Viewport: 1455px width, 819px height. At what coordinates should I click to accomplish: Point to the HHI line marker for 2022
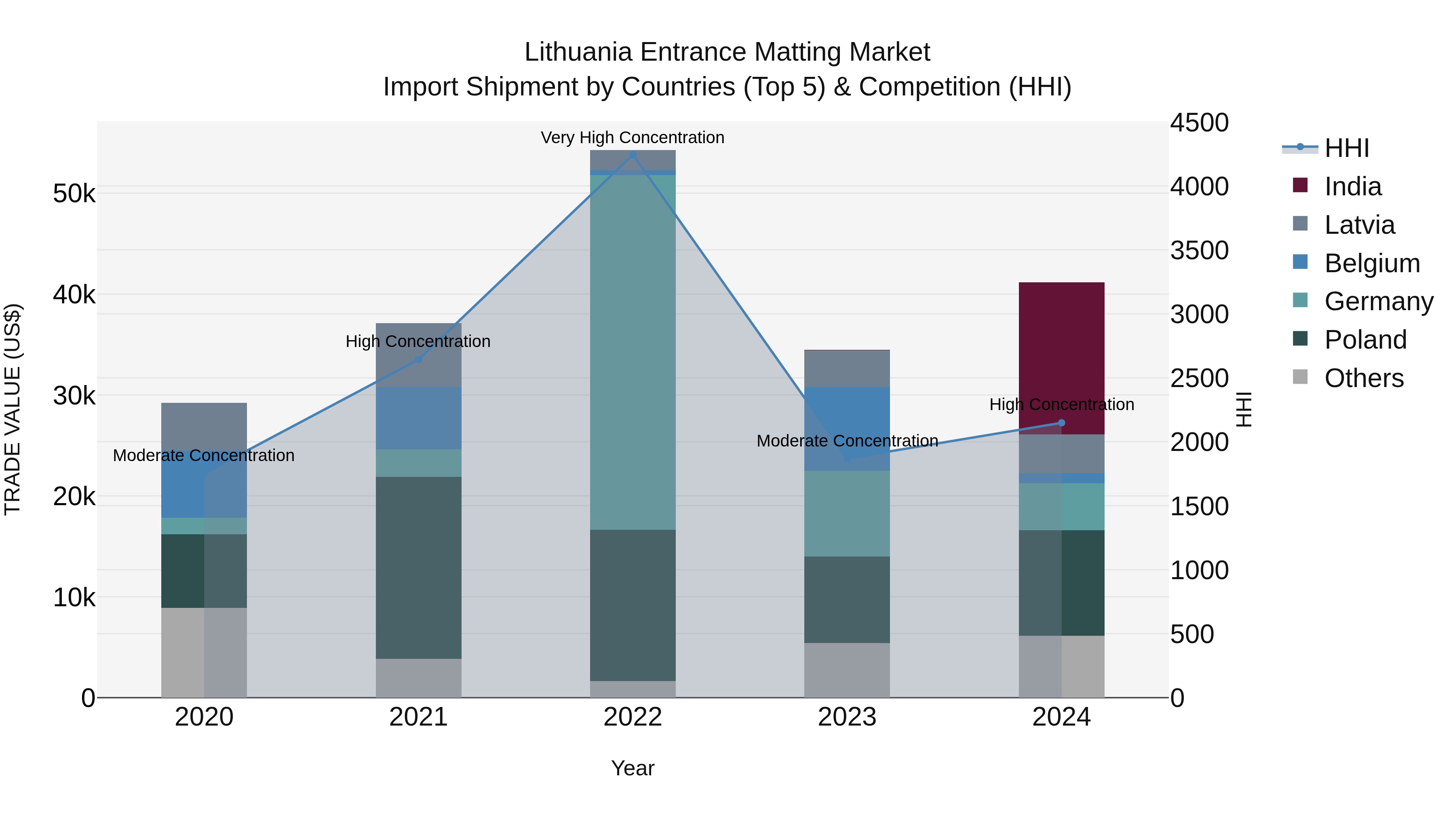[x=633, y=155]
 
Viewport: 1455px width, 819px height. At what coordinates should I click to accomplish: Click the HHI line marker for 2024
[x=1061, y=423]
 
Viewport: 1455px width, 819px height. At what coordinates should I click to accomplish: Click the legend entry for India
[x=1352, y=186]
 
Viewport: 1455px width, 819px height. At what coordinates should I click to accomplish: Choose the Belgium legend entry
[x=1371, y=263]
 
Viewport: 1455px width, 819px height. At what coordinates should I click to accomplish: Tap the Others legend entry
[x=1364, y=378]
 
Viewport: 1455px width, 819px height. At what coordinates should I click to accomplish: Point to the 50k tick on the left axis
[x=74, y=194]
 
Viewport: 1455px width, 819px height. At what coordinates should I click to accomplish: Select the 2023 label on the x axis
[x=847, y=717]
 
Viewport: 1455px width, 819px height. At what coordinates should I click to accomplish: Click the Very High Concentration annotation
[x=633, y=138]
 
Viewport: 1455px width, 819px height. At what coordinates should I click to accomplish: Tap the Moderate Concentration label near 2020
[x=204, y=455]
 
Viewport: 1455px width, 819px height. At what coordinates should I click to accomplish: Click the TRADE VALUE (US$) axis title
[x=13, y=409]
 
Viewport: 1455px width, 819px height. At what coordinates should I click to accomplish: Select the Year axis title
[x=633, y=768]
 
